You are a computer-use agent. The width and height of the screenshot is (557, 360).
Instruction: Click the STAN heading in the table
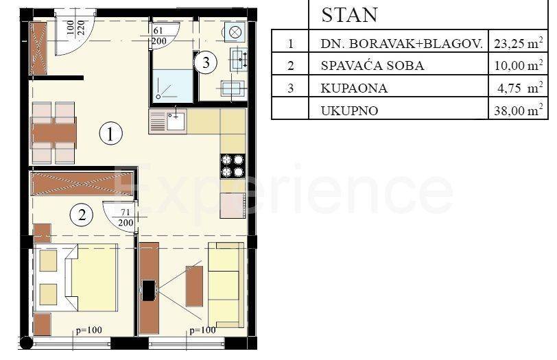tap(349, 15)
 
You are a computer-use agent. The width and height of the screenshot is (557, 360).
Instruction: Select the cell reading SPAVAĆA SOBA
tap(372, 66)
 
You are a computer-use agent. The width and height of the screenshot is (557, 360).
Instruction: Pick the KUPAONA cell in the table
tap(354, 88)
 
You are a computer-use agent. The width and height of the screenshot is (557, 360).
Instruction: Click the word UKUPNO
tap(349, 110)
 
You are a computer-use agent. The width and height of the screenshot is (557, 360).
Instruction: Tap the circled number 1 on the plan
tap(110, 134)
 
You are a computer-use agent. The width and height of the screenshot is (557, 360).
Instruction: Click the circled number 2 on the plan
tap(82, 215)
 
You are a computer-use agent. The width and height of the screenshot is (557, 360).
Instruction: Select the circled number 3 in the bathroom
tap(205, 63)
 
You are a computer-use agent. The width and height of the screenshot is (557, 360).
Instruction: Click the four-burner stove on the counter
tap(233, 165)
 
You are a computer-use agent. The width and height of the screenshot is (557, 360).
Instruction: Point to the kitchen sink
tap(169, 121)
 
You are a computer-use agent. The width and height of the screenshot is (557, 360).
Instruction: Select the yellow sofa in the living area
tap(226, 285)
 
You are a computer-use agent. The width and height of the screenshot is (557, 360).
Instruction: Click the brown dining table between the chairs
tap(54, 132)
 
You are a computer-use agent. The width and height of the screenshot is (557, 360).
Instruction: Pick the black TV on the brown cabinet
tap(147, 291)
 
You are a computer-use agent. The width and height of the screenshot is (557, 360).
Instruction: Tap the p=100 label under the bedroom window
tap(88, 331)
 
